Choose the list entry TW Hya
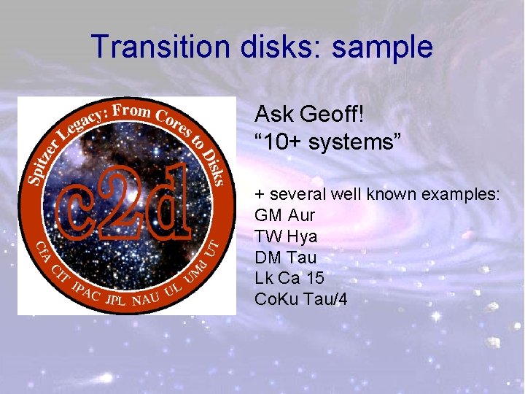286,236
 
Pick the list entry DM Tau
286,258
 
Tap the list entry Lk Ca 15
289,278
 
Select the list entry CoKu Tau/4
301,299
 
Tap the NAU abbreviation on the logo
146,298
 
